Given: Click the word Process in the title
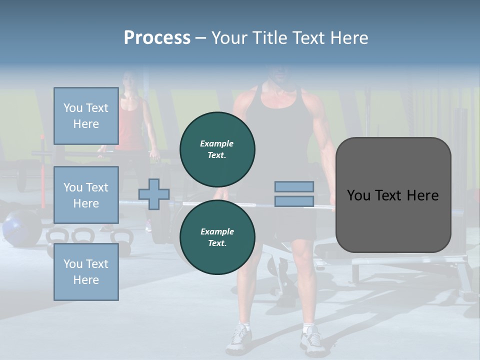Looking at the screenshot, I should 157,38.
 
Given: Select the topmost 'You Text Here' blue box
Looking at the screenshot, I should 86,116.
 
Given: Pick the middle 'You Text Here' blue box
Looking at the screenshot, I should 86,195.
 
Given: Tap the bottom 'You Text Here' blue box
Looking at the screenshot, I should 86,272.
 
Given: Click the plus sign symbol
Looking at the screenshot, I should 154,194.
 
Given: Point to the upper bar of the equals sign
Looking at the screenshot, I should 294,186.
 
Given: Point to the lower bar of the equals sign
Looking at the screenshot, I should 294,201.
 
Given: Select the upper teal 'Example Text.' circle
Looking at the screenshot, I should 217,149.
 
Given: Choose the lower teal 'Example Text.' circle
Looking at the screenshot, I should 217,237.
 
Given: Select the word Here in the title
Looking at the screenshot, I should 349,38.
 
